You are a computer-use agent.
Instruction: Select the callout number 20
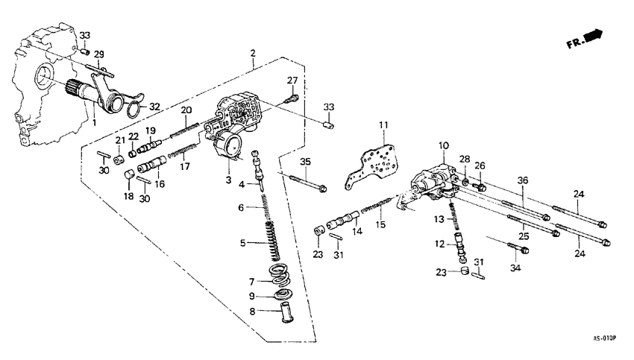click(186, 110)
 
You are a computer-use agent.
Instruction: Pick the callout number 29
click(98, 54)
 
